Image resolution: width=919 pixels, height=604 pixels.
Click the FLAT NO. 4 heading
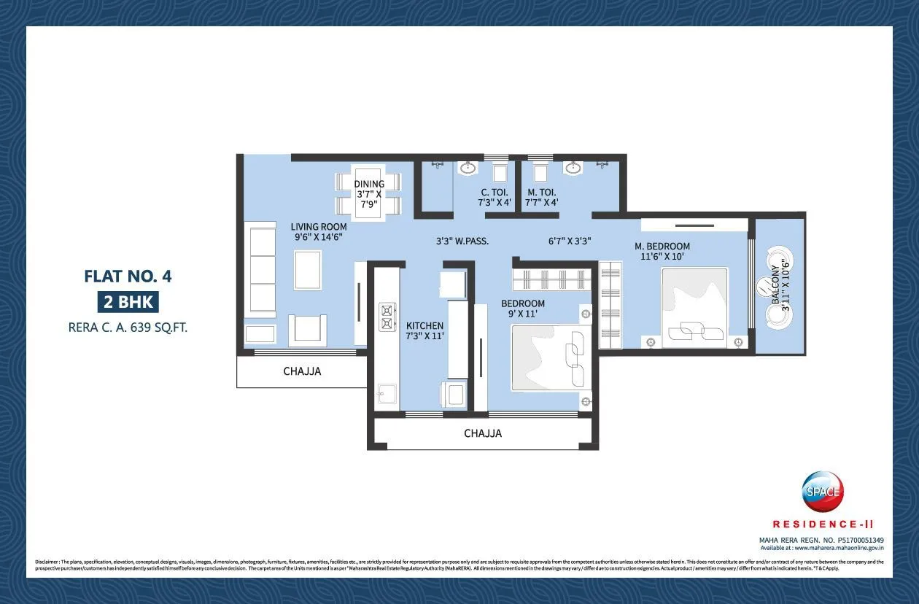(128, 276)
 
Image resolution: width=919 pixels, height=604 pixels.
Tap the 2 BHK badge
(128, 302)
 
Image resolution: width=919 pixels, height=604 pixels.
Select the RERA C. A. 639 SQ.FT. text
(128, 328)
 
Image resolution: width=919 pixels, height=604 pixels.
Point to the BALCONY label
(780, 285)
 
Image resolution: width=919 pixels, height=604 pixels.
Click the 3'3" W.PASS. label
(462, 240)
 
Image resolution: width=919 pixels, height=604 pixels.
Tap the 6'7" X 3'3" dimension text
(570, 240)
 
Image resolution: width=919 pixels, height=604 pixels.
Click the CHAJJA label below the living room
(302, 371)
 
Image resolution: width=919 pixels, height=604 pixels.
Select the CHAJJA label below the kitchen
(483, 433)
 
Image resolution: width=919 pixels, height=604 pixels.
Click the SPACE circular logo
(822, 491)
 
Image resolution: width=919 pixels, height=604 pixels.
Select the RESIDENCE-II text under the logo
(823, 524)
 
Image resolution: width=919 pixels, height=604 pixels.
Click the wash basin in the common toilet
(467, 169)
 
